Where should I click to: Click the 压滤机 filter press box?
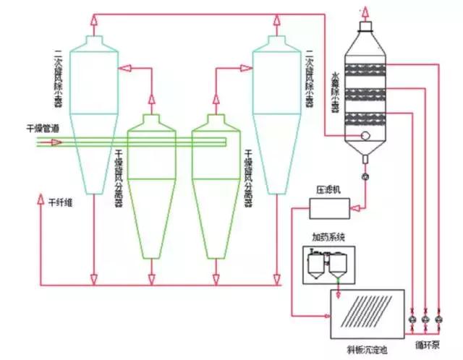coord(328,208)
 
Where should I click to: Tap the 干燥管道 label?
coord(42,129)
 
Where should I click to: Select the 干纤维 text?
coord(61,204)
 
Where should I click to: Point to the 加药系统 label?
coord(329,236)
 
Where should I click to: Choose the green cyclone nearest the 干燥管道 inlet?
coord(151,188)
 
